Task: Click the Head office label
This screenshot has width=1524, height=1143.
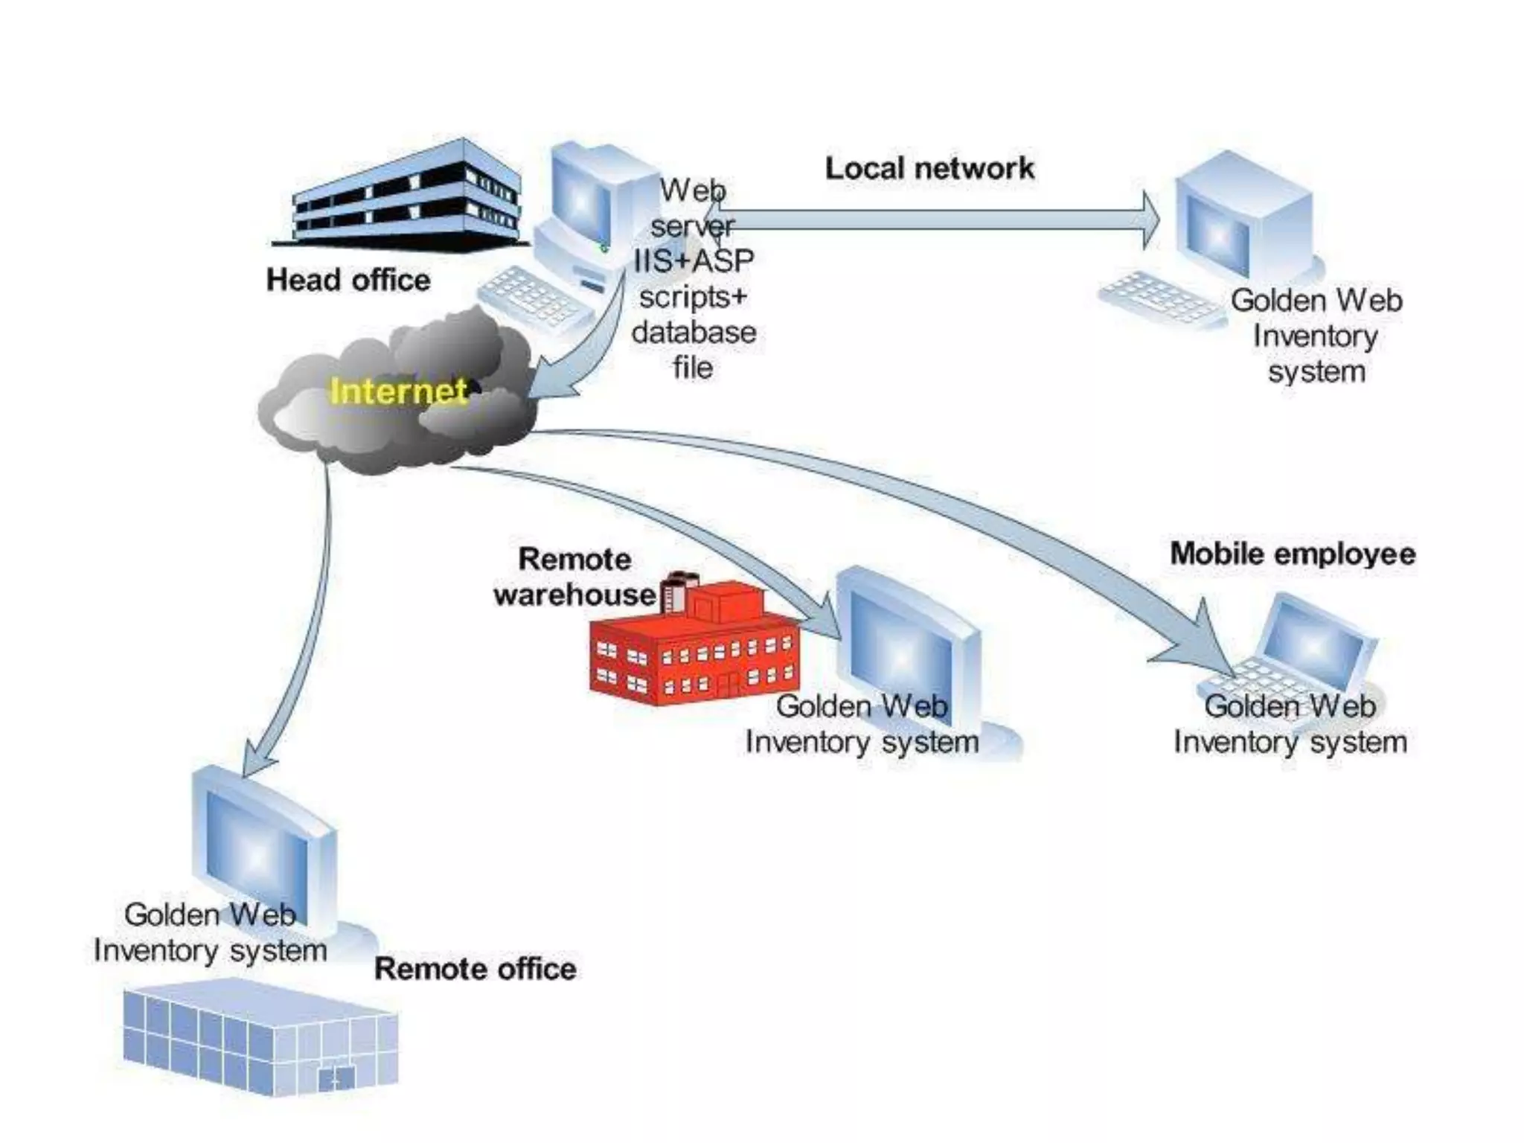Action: click(x=348, y=281)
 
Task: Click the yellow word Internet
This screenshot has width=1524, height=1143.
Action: click(x=398, y=391)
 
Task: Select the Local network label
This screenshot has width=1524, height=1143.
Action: click(x=929, y=169)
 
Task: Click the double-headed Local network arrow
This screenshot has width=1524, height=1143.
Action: click(x=930, y=220)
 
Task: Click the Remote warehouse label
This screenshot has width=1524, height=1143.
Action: click(x=574, y=577)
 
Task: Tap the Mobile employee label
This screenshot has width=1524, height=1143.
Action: click(x=1293, y=554)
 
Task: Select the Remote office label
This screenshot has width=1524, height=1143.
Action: click(x=475, y=969)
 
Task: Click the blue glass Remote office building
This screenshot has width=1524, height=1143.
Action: click(x=260, y=1038)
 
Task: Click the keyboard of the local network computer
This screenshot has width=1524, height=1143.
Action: click(x=1161, y=298)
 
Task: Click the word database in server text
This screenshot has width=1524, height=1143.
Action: click(x=694, y=333)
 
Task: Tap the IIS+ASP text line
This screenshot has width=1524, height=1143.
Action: click(x=694, y=260)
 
